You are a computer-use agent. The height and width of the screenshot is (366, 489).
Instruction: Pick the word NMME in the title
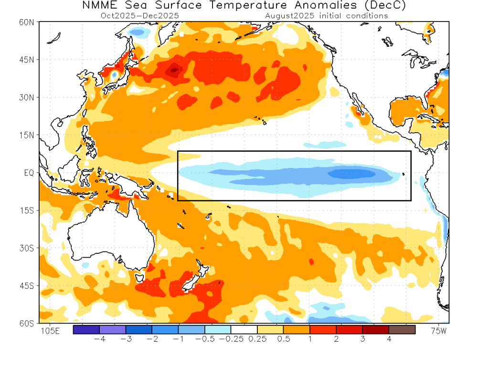click(x=103, y=6)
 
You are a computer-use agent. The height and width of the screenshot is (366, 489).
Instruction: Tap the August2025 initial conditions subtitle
click(x=326, y=15)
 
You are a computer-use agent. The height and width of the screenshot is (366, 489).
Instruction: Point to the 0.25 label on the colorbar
click(x=257, y=339)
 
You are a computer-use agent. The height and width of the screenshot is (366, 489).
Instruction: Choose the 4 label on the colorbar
click(x=389, y=339)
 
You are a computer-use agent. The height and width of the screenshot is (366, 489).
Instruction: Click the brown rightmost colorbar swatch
click(x=402, y=329)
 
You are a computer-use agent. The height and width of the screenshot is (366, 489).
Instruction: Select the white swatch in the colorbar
click(x=244, y=329)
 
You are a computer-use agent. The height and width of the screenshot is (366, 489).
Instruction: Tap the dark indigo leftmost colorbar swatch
click(x=86, y=329)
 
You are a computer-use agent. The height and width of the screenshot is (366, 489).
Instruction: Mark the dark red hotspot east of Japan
click(x=174, y=71)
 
